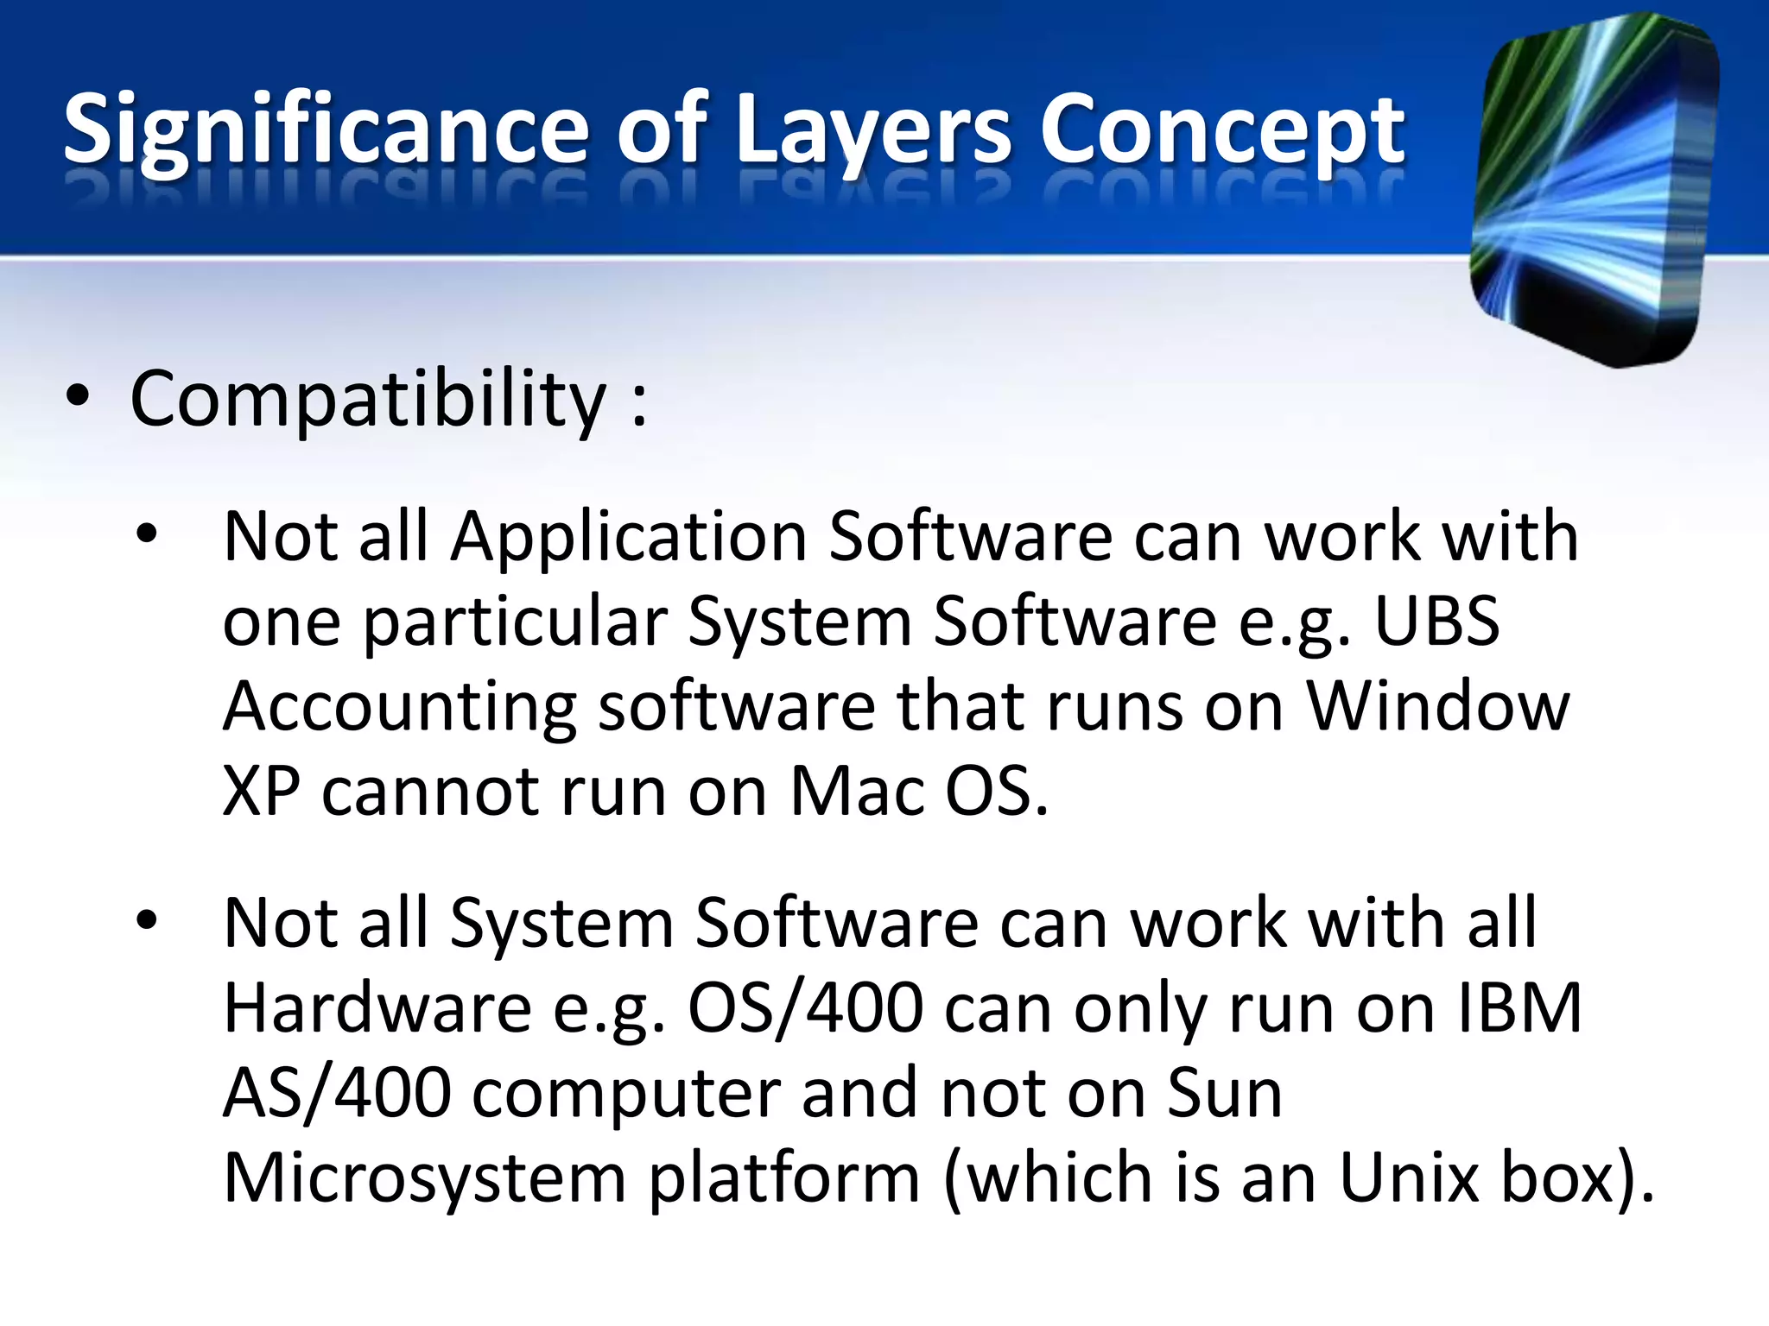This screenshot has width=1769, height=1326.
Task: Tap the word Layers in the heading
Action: [872, 129]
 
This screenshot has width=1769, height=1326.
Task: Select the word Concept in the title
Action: [1221, 129]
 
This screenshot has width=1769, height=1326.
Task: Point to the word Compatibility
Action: [368, 399]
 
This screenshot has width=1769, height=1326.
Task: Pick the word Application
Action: [629, 537]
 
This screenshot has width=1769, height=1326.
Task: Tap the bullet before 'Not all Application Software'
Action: [147, 534]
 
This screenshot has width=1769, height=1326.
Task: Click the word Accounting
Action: [399, 706]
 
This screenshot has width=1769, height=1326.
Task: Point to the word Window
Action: [1437, 706]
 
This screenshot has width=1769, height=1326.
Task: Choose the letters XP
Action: [262, 791]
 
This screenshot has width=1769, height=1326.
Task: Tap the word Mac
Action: [857, 791]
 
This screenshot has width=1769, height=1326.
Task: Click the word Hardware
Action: [377, 1007]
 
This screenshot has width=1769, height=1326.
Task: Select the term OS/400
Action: [805, 1007]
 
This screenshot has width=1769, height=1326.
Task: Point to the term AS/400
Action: [337, 1093]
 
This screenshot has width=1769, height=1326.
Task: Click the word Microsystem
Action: [425, 1178]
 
